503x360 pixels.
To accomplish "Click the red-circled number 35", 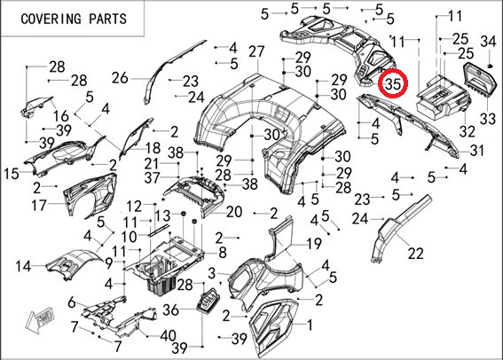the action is [x=393, y=84].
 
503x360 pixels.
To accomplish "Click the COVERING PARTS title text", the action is [x=74, y=19].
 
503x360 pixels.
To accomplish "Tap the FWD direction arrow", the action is [x=40, y=319].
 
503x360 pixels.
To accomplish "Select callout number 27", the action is [x=256, y=51].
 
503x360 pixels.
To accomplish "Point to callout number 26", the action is [x=120, y=78].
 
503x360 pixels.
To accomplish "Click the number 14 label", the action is [x=23, y=266].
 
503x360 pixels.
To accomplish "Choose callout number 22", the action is [x=416, y=254].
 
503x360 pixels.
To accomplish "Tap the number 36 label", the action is [x=170, y=309].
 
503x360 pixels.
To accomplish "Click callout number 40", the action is [x=168, y=336].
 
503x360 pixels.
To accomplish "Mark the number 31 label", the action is [x=476, y=150].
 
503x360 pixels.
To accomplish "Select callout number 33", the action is [x=488, y=119].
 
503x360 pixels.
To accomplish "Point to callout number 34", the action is [x=488, y=41].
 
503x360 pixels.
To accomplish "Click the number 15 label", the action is [x=12, y=174].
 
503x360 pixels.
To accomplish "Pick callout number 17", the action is [x=39, y=205].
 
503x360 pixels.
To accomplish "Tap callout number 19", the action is [x=314, y=244].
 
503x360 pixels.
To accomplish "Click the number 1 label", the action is [x=310, y=325].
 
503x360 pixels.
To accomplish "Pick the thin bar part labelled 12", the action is [x=159, y=230].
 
